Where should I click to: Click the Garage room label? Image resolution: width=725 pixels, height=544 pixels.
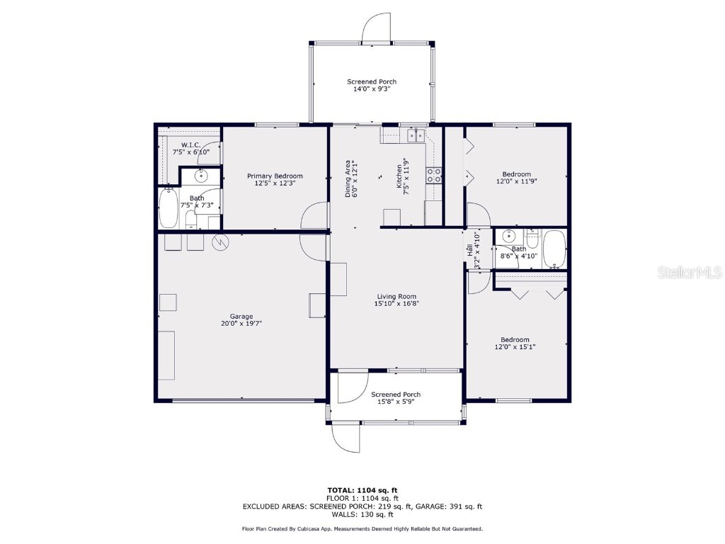[x=241, y=317]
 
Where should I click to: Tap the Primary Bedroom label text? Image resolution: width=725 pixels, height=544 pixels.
[x=275, y=176]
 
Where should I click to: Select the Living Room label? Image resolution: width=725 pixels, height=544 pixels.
[x=395, y=296]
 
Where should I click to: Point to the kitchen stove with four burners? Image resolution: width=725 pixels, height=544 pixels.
[x=434, y=175]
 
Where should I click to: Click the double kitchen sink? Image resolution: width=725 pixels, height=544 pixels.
[x=416, y=135]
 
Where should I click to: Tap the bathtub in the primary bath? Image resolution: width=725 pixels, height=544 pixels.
[x=169, y=208]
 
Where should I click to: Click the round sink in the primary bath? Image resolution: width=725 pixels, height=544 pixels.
[x=201, y=175]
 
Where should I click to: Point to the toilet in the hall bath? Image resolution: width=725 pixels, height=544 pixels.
[x=532, y=237]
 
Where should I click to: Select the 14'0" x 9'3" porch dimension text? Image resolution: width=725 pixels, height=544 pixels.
[x=372, y=90]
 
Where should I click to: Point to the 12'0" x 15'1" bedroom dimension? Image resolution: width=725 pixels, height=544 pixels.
[x=515, y=347]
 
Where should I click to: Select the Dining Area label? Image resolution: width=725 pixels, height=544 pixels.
[x=348, y=178]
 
